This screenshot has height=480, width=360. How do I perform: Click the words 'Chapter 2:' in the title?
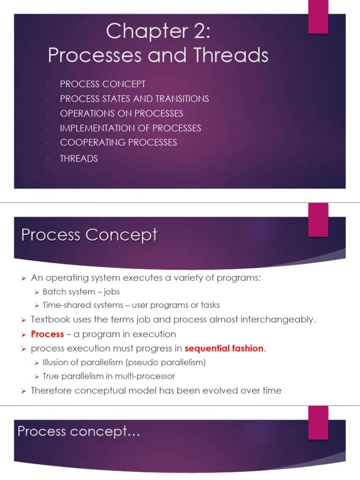158,32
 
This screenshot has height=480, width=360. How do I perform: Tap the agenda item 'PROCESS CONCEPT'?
103,84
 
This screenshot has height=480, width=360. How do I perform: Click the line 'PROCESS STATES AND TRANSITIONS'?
134,99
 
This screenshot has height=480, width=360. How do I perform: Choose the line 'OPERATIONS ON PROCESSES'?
121,113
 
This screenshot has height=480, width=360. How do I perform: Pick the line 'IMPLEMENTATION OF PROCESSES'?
130,128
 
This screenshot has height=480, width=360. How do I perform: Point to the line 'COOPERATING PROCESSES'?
118,142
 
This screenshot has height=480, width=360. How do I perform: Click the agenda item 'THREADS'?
79,158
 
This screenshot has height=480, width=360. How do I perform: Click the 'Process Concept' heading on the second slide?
89,234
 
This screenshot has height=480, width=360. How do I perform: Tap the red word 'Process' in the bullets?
47,334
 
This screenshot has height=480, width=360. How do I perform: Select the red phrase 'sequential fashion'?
224,349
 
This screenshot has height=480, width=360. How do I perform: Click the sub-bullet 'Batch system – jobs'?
81,292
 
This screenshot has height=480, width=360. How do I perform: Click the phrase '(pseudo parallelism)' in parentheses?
163,362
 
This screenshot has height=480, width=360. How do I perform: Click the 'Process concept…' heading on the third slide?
79,431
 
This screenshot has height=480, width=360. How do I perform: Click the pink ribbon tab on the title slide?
318,17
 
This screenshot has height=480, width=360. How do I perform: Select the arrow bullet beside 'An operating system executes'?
22,278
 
